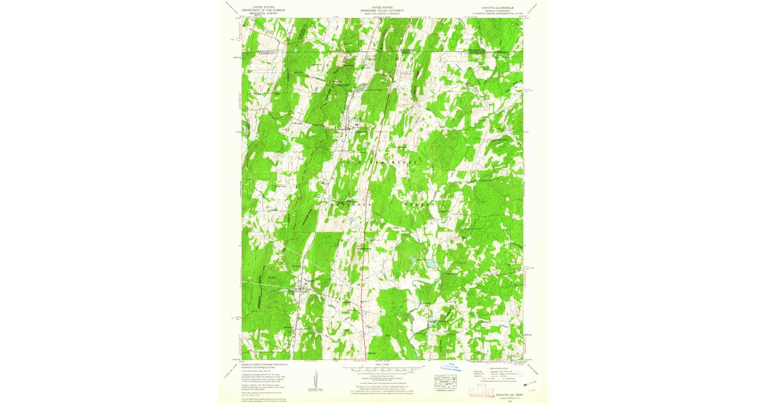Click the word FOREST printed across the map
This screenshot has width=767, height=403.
422,205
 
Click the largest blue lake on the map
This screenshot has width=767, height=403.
430,263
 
